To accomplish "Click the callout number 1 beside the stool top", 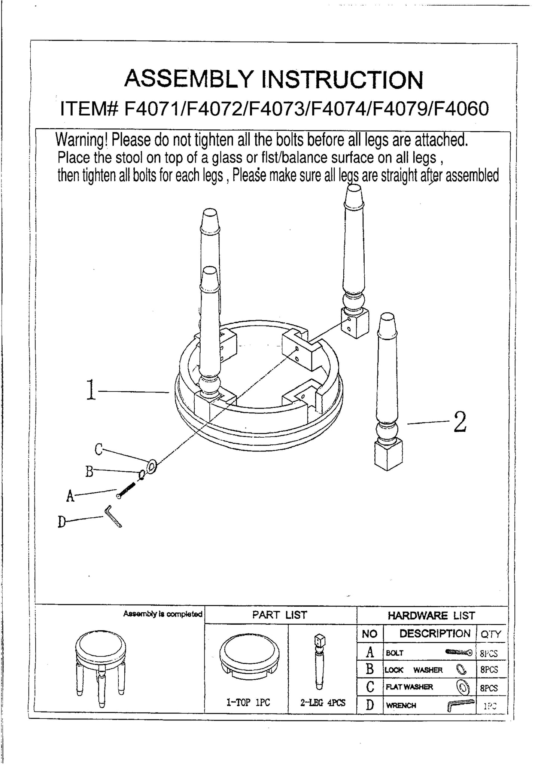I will (x=90, y=391).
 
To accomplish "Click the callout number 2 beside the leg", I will (x=459, y=422).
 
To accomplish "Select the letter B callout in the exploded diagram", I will (x=89, y=471).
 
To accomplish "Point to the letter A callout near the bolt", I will (x=70, y=496).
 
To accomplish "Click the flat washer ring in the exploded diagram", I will (x=152, y=466).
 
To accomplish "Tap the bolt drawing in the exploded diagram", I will (x=126, y=490).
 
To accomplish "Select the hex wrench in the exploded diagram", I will (x=113, y=517).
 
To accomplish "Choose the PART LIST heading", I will (x=280, y=614).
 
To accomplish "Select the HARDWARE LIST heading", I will (x=431, y=615).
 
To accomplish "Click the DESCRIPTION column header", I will (x=435, y=633).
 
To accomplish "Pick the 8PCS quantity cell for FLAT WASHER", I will (x=489, y=688).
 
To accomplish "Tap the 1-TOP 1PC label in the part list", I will (x=248, y=703).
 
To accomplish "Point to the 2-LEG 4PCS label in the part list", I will (x=322, y=703).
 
